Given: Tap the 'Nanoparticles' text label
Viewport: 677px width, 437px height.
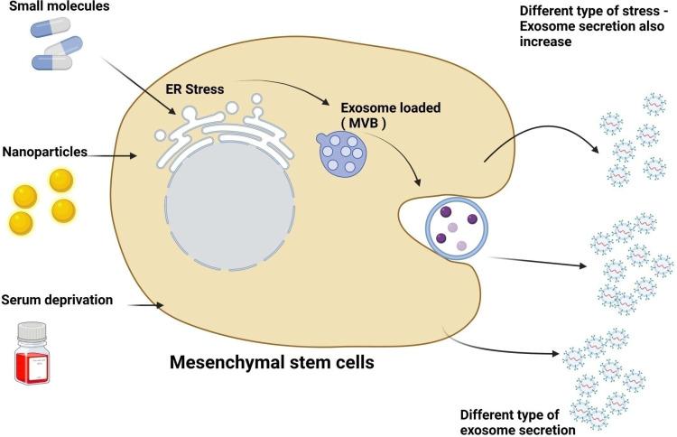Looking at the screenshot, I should point(44,153).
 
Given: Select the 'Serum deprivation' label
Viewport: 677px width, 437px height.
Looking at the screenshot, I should point(57,299).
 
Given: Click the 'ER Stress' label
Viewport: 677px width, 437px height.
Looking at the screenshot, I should point(195,88).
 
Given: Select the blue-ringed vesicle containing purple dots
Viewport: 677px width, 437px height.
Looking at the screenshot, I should point(459,227).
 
